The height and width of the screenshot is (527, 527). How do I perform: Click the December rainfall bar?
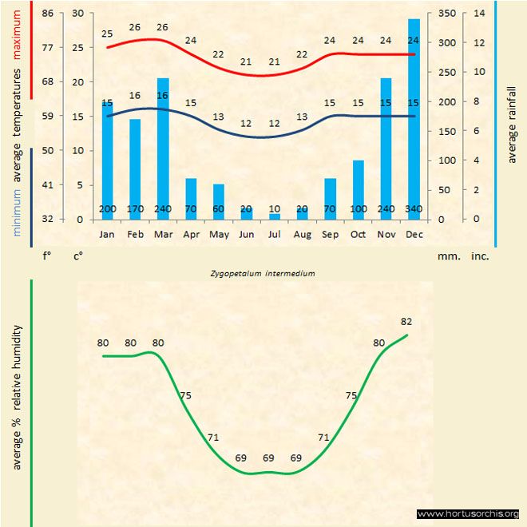(414, 120)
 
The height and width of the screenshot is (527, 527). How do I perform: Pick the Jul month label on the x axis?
(274, 235)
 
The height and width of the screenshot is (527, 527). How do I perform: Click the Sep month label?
(330, 235)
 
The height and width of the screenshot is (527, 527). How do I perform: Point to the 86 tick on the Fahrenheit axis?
(48, 14)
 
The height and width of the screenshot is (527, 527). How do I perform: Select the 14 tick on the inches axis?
(479, 14)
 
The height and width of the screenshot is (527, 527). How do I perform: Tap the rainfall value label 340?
(414, 209)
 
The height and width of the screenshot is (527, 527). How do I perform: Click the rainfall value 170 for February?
(135, 209)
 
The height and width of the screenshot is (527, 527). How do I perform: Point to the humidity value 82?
(406, 321)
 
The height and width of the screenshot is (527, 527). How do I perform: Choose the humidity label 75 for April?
(185, 395)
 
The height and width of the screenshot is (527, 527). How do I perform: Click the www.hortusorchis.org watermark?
(468, 513)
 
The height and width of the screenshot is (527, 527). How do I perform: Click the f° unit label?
(46, 257)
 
